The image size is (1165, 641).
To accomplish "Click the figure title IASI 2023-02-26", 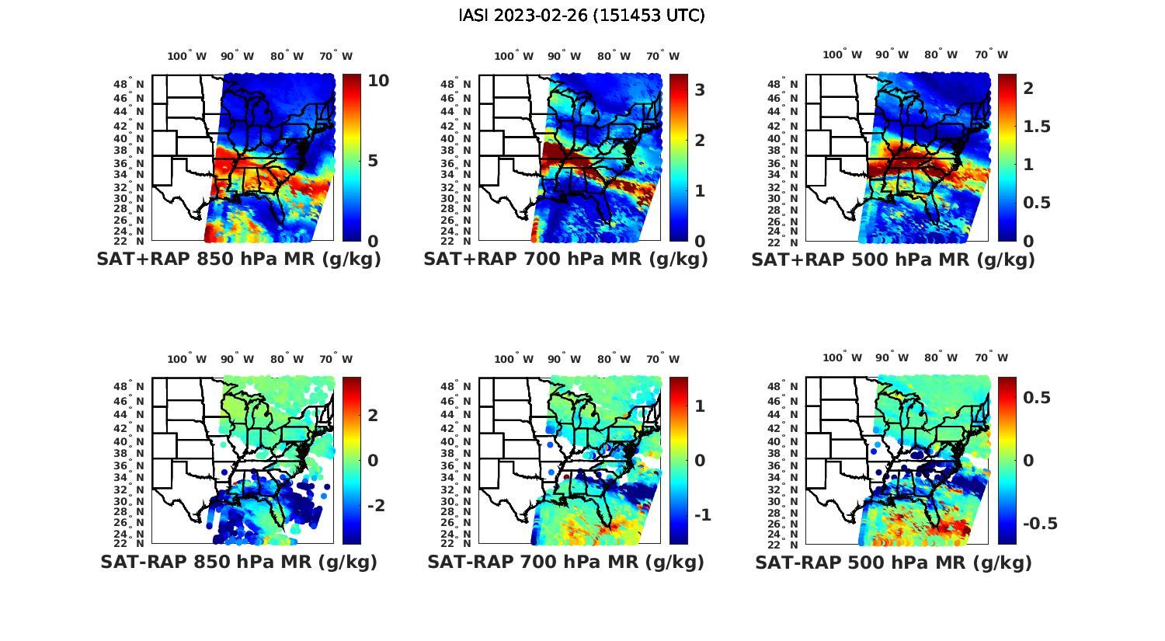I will click(x=582, y=16).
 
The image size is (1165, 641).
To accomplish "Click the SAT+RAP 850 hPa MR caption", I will click(x=238, y=260).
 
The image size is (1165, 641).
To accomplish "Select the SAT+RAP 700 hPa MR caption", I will click(x=565, y=260).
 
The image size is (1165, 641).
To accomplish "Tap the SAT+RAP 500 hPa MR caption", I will click(x=893, y=260).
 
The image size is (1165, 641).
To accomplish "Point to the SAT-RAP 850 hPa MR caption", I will click(x=238, y=562).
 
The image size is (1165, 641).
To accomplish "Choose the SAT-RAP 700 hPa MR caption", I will click(x=565, y=562).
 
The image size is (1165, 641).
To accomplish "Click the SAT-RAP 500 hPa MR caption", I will click(x=893, y=562).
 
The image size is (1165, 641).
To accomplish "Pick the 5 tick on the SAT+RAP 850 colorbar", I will click(x=373, y=161).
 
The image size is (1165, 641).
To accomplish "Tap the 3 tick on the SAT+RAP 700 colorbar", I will click(x=700, y=90).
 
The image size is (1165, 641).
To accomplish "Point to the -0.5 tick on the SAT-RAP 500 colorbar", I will click(x=1040, y=524).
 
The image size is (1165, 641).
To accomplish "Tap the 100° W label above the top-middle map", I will click(x=513, y=56).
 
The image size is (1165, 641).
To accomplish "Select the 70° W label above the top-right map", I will click(x=992, y=54).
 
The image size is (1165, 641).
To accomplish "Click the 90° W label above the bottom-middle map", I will click(x=564, y=359).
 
